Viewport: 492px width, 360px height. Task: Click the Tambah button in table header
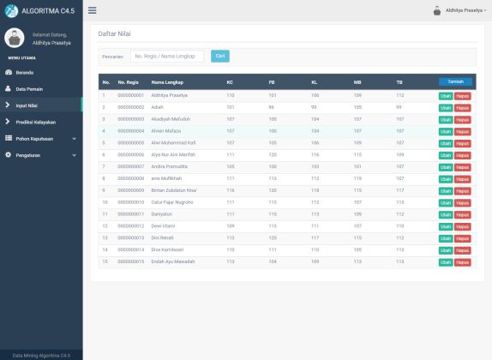coord(455,81)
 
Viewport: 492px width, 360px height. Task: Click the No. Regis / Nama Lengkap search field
coord(167,56)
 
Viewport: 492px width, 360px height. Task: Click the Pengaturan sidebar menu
coord(28,154)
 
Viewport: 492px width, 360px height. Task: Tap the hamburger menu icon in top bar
coord(92,10)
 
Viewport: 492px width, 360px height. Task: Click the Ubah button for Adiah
coord(446,107)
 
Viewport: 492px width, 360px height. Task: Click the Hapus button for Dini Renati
coord(463,237)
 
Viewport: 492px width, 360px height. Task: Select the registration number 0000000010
coord(130,201)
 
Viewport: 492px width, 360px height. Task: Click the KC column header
coord(230,82)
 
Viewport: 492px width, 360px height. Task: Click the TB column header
coord(399,82)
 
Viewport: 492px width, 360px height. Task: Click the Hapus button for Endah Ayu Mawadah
coord(463,261)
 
